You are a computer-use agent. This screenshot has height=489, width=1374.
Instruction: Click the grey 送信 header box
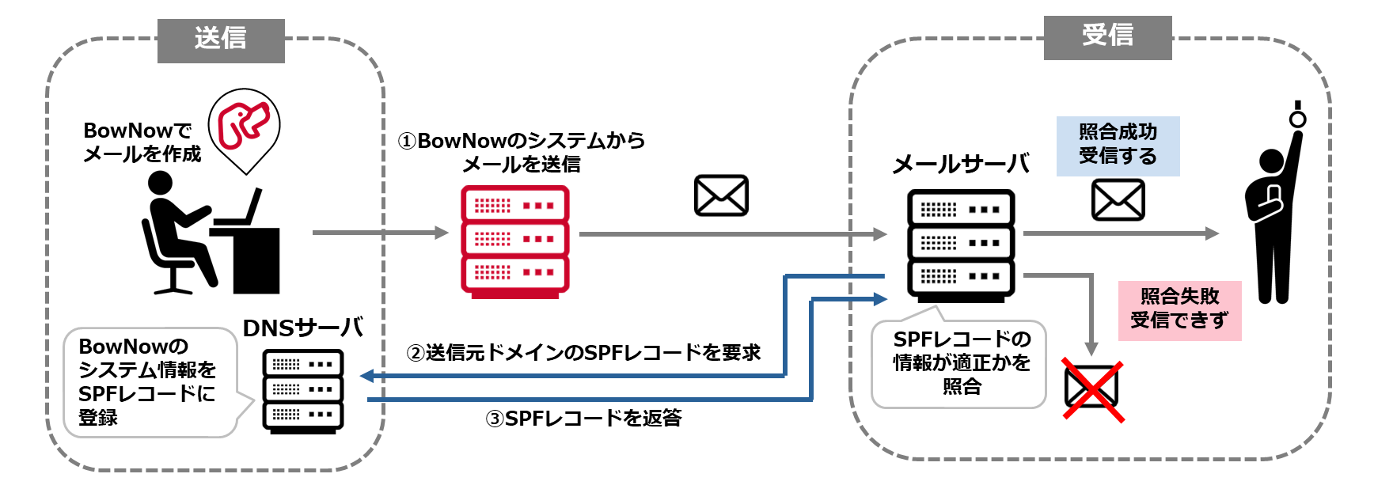click(x=221, y=40)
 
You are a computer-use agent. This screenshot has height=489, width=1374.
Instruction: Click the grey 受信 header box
click(x=1107, y=37)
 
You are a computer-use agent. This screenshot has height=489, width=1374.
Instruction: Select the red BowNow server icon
click(x=515, y=241)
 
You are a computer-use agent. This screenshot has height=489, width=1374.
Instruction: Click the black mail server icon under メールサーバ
click(x=961, y=245)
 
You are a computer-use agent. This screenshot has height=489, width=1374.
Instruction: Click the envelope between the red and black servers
click(x=721, y=195)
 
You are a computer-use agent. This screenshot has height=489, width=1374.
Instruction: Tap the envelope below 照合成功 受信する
click(x=1118, y=199)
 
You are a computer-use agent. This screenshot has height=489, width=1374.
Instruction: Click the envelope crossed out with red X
click(x=1091, y=390)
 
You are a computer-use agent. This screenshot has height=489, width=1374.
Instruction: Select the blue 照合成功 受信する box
click(x=1118, y=146)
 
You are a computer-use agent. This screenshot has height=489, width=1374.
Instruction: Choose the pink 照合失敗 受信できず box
click(x=1179, y=309)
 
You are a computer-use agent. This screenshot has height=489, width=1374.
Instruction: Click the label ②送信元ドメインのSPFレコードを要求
click(x=583, y=352)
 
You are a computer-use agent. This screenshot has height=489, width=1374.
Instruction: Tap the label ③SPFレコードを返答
click(x=583, y=418)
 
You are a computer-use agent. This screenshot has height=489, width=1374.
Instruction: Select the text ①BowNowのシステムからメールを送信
click(x=521, y=152)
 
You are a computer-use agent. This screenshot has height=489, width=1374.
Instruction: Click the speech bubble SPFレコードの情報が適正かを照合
click(x=960, y=363)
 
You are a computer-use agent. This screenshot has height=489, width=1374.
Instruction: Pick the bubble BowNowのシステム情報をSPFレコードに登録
click(x=147, y=382)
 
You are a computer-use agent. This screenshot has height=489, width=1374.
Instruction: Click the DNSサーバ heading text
click(x=303, y=328)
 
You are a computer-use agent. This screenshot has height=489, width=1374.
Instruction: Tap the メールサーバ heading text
click(x=960, y=165)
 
